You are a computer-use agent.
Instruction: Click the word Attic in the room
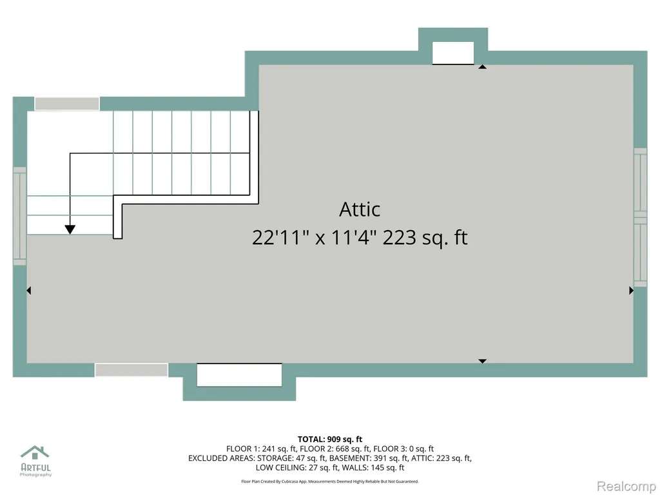click(x=360, y=209)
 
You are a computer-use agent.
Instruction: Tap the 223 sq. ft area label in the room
click(x=425, y=237)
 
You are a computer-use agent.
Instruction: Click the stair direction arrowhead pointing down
click(x=70, y=229)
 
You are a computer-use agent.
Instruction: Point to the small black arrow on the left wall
click(x=28, y=291)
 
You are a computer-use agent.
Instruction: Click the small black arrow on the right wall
click(x=632, y=291)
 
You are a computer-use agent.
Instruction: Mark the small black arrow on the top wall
click(x=482, y=66)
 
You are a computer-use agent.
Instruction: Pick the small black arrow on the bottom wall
click(x=482, y=361)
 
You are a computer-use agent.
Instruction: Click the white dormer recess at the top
click(x=453, y=53)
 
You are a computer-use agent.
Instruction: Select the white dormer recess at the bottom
click(x=239, y=374)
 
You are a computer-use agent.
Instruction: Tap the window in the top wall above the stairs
click(x=67, y=104)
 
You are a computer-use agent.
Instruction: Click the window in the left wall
click(x=20, y=216)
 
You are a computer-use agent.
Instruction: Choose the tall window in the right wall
click(x=640, y=217)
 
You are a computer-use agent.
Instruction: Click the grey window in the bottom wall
click(x=131, y=370)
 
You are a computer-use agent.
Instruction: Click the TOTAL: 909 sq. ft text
click(x=330, y=440)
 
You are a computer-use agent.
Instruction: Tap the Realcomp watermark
click(x=626, y=486)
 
